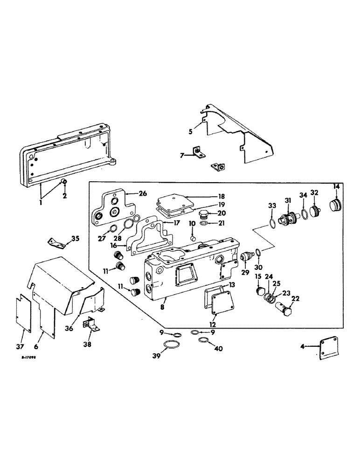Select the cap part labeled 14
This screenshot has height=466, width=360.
335,205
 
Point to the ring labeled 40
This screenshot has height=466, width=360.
202,341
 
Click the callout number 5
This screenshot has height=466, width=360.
190,132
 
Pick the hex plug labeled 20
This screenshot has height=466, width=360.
203,215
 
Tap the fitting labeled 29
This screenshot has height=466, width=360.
248,257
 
